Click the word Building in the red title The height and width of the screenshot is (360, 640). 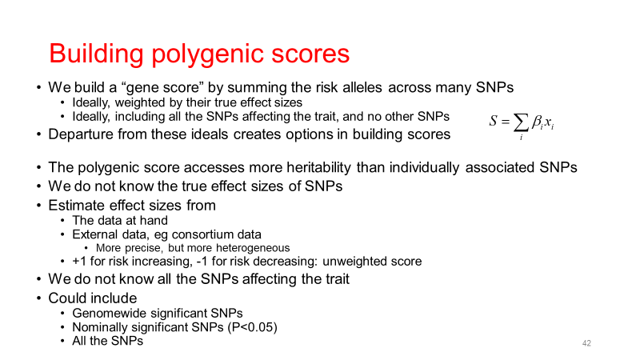pos(96,54)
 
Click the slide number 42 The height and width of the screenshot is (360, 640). pos(586,343)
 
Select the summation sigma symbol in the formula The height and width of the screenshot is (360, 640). pos(521,122)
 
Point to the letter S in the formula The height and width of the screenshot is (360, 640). pos(494,121)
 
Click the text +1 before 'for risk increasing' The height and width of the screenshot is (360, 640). pos(79,262)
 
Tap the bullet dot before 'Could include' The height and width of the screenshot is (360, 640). pos(38,298)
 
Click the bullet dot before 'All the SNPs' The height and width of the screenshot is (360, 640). pos(62,341)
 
